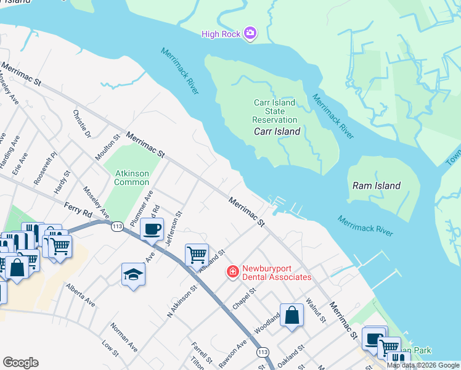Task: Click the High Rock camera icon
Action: (x=250, y=33)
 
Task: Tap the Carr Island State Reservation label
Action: (x=275, y=111)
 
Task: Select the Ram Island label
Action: (x=376, y=185)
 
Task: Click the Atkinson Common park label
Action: (x=132, y=178)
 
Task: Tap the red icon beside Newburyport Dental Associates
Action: (x=233, y=271)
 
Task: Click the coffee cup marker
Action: (x=152, y=230)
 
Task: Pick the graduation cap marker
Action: (x=133, y=274)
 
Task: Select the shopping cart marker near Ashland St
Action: (x=197, y=254)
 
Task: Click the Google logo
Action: (x=20, y=362)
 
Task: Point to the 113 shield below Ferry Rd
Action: (x=116, y=227)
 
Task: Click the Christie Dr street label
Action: (x=81, y=124)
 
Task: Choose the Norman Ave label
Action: (x=124, y=334)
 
